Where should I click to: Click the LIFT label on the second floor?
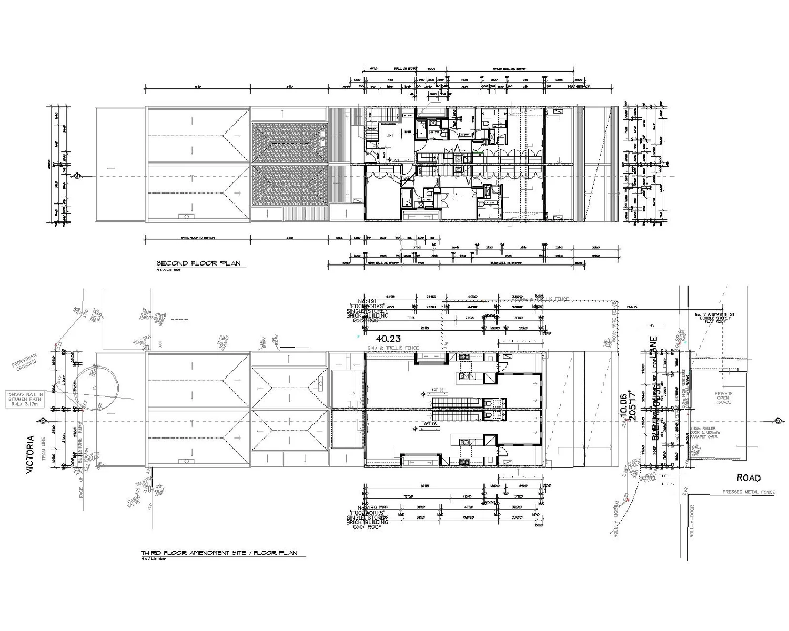click(390, 135)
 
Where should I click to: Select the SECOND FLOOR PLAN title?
click(198, 263)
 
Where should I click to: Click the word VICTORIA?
click(31, 455)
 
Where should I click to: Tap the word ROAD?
click(748, 477)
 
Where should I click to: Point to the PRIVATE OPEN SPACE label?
click(723, 398)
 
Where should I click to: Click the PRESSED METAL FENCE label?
click(748, 492)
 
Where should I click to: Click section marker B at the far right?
click(777, 420)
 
